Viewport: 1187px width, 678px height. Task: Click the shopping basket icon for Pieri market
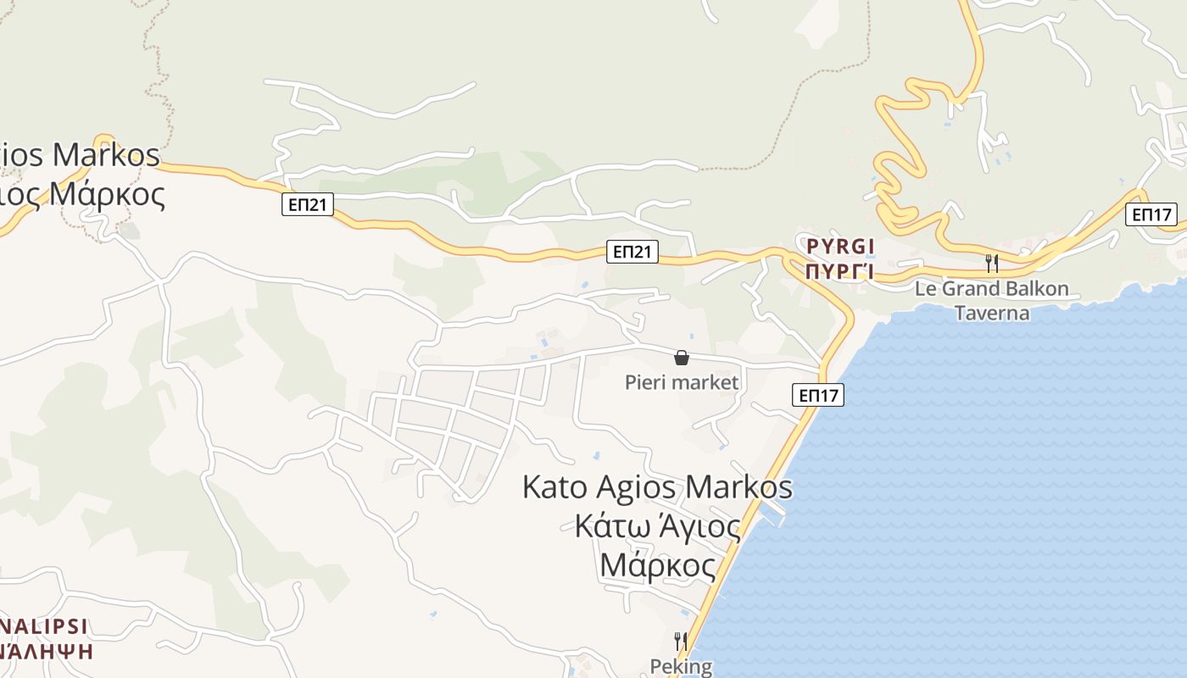pyautogui.click(x=681, y=358)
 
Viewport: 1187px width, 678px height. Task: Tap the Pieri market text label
pyautogui.click(x=681, y=382)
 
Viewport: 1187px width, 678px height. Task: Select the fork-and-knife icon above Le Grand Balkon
pyautogui.click(x=990, y=263)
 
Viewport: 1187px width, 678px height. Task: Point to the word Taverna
pyautogui.click(x=992, y=313)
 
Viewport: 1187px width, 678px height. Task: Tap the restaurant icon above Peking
pyautogui.click(x=680, y=641)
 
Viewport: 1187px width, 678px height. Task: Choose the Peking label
pyautogui.click(x=681, y=666)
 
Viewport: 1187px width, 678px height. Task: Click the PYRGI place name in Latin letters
pyautogui.click(x=839, y=247)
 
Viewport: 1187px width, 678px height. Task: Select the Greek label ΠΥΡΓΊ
pyautogui.click(x=839, y=272)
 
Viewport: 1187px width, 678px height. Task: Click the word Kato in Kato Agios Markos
pyautogui.click(x=555, y=487)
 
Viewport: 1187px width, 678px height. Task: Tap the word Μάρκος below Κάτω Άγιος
pyautogui.click(x=657, y=565)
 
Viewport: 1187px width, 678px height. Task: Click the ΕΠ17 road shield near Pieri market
pyautogui.click(x=819, y=394)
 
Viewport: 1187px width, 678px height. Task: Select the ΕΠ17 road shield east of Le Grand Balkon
pyautogui.click(x=1151, y=214)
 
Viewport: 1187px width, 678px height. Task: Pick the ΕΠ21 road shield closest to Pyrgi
pyautogui.click(x=633, y=251)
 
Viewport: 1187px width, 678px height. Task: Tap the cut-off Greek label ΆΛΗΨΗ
pyautogui.click(x=46, y=652)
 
